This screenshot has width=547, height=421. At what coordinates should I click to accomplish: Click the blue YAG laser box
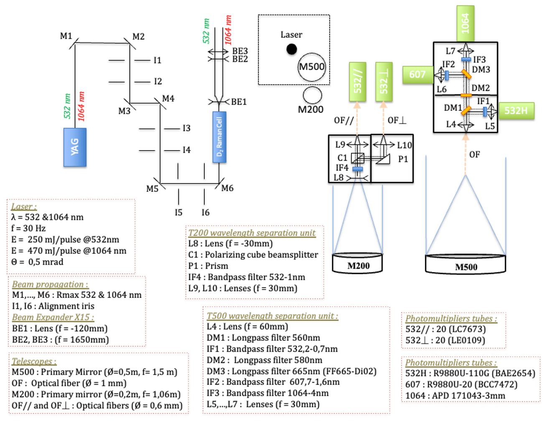(75, 147)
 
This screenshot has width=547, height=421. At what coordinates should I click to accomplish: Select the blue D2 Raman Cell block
(219, 137)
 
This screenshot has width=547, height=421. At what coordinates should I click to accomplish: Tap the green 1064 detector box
(466, 23)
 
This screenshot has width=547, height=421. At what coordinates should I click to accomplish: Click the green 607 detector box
(417, 74)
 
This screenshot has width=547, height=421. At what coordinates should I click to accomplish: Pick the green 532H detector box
(516, 111)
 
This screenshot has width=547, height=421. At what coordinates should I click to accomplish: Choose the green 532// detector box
(357, 82)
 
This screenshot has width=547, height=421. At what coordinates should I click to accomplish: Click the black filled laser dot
(292, 49)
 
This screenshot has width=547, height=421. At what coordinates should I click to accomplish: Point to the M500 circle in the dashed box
(312, 67)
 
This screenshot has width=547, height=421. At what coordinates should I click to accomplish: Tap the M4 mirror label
(168, 98)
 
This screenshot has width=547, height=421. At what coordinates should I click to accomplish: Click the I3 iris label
(186, 128)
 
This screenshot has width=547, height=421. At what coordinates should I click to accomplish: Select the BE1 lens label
(239, 102)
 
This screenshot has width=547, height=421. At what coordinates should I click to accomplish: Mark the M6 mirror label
(227, 188)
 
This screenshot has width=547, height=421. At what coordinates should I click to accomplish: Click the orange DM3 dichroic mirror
(466, 74)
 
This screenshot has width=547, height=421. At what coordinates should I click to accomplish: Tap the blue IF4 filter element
(357, 169)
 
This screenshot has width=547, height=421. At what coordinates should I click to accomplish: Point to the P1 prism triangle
(383, 159)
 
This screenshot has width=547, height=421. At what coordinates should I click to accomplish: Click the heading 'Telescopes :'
(34, 361)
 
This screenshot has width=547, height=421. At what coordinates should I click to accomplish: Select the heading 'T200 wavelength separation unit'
(252, 233)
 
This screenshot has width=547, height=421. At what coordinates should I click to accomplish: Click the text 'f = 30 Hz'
(28, 228)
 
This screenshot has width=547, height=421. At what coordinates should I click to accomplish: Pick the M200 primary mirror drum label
(359, 266)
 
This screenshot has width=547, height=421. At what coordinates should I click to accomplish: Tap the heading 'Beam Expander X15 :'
(53, 317)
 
